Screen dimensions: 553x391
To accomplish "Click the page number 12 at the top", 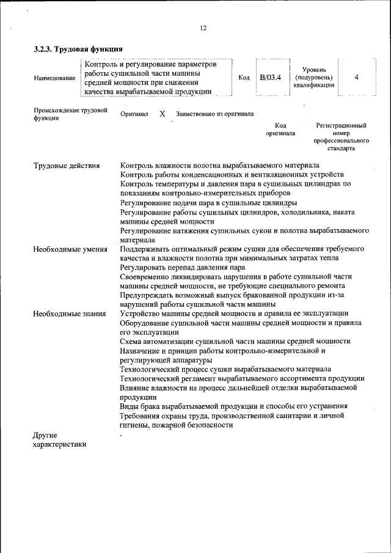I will point(203,27).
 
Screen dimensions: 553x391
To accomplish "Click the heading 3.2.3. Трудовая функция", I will point(79,49).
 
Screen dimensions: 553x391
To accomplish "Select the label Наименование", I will point(55,78).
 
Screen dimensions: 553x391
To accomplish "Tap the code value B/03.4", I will point(270,78).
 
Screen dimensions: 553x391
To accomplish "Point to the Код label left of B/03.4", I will point(244,78).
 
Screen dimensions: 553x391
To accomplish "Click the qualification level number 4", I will point(356,78).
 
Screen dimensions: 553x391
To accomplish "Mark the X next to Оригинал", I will point(162,114).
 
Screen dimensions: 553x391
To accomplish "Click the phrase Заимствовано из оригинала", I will point(214,114).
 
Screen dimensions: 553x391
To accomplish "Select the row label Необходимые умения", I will point(70,249).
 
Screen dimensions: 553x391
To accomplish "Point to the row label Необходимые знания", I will point(70,313).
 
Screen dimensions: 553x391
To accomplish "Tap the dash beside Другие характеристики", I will point(122,434).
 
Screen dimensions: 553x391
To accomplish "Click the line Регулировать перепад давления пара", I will point(183,268).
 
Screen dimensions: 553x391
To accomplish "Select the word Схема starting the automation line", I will point(134,341).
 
